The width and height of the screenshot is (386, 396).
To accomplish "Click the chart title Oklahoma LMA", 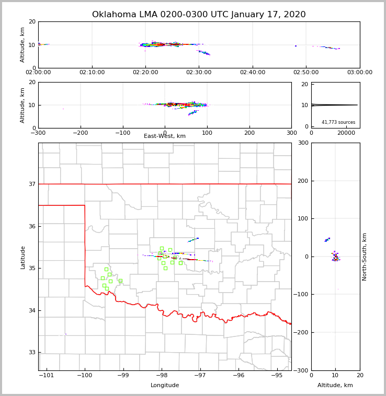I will click(199, 15).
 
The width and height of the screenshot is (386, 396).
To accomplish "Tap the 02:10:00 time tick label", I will click(92, 72).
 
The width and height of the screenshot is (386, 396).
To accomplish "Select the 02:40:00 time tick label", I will click(253, 72).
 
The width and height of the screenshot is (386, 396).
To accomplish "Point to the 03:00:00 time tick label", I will click(360, 72).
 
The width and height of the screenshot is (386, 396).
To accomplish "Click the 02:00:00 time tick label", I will click(38, 72).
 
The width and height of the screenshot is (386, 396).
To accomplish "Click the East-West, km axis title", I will click(165, 136).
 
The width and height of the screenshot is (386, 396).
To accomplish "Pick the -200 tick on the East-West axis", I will click(80, 133).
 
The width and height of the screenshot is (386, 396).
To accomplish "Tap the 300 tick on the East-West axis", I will click(291, 133).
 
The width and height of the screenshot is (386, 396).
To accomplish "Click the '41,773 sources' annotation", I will click(338, 122).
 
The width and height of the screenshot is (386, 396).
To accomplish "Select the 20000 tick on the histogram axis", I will click(346, 133).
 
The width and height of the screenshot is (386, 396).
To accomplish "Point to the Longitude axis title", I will click(165, 386).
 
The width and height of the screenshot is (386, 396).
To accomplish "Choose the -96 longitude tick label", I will click(239, 375).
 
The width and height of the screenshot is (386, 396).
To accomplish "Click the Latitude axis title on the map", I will click(23, 257).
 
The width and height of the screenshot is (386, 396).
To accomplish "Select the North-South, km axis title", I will click(365, 257).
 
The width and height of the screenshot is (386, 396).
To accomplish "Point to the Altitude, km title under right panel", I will click(335, 386).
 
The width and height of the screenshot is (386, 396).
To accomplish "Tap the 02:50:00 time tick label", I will click(306, 72).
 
